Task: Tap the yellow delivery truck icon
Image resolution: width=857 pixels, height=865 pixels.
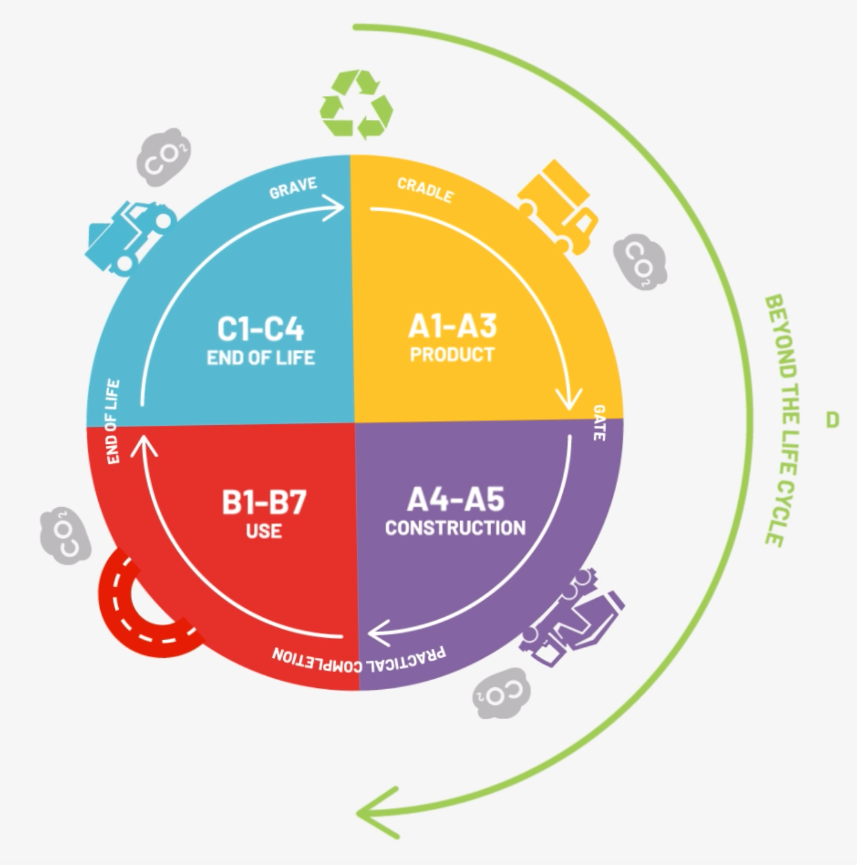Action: (558, 207)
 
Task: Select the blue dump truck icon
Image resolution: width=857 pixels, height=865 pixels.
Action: (130, 237)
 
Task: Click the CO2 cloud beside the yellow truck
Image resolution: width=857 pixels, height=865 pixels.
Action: (640, 261)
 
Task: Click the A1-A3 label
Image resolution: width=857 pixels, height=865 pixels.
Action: (453, 326)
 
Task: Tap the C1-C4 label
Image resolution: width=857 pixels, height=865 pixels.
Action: (260, 329)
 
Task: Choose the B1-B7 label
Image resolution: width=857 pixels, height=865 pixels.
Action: (264, 502)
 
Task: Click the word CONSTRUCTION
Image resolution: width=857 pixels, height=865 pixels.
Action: (455, 528)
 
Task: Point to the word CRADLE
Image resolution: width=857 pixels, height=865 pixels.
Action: (425, 190)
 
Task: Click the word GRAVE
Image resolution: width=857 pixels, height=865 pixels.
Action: (294, 187)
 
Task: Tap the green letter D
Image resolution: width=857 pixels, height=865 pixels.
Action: (832, 420)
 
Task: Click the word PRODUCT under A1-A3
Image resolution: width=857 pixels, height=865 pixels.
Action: (452, 355)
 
